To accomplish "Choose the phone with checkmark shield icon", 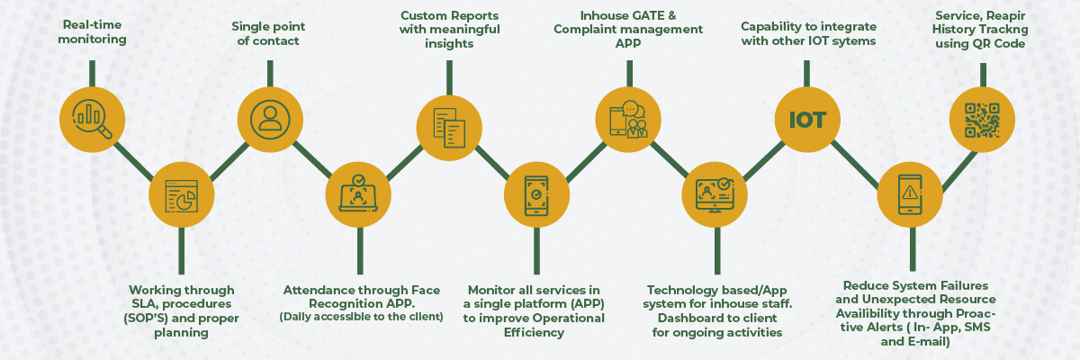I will pos(536,196).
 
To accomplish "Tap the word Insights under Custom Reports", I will pos(448,43).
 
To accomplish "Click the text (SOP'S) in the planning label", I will pos(156,319).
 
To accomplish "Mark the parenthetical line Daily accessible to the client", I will pos(361,317).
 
